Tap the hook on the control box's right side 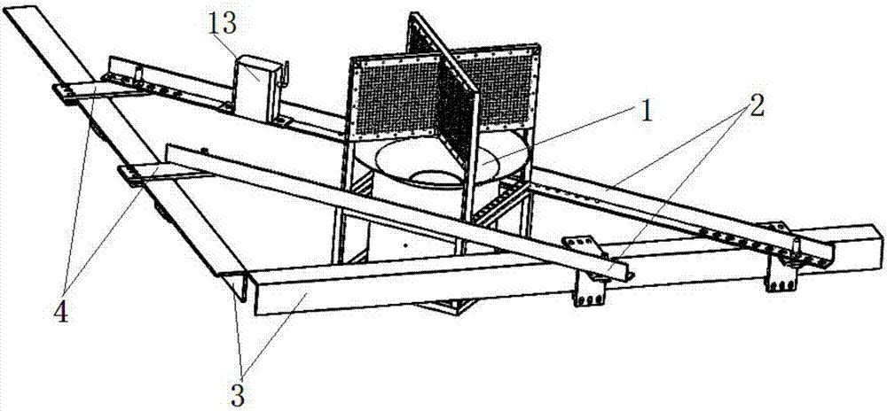[285, 74]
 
